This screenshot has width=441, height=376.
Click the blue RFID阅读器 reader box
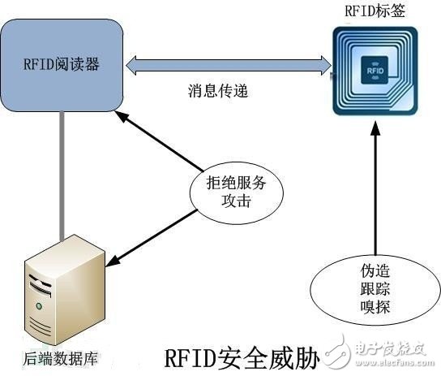click(x=62, y=65)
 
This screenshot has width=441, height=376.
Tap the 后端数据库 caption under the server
click(x=50, y=357)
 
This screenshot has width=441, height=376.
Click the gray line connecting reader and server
click(x=62, y=175)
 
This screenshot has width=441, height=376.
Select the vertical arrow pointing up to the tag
click(x=375, y=195)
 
